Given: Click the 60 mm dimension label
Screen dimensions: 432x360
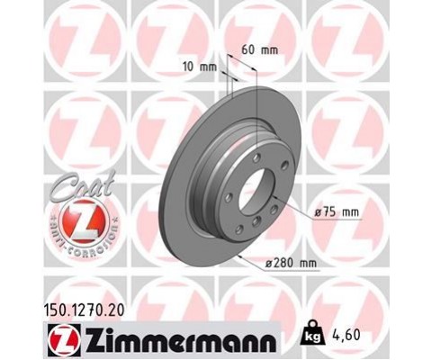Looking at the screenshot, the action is (x=260, y=50).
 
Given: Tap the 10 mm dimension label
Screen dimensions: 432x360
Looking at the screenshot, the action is (x=200, y=67).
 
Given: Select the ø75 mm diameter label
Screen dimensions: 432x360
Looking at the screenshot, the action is (x=337, y=212).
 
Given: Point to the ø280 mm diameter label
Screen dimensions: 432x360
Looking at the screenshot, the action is (x=292, y=264).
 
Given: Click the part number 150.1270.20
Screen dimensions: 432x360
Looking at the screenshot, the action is (x=84, y=310).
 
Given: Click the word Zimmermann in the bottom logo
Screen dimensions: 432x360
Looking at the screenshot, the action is (x=180, y=341).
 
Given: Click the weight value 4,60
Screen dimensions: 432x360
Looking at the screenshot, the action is (x=346, y=336).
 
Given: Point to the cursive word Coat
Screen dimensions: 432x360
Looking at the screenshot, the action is (x=82, y=186).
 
